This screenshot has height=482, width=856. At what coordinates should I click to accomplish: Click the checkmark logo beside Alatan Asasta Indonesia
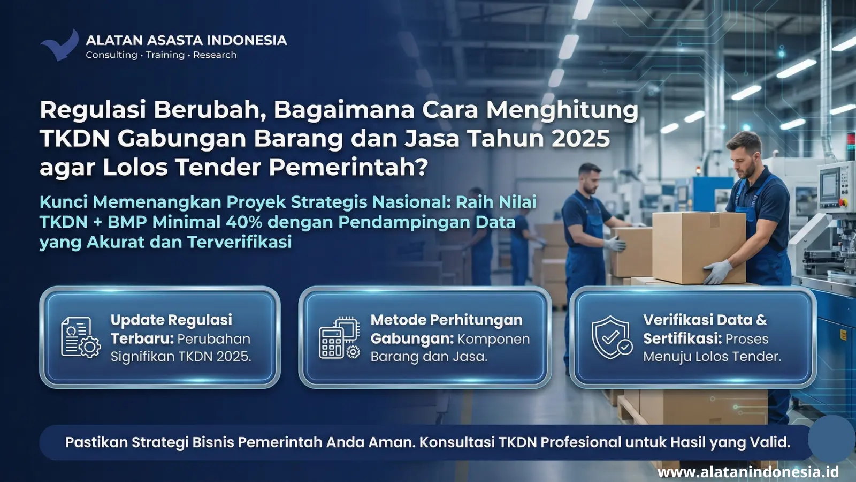pos(60,46)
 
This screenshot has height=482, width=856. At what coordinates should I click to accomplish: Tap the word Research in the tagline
pos(215,55)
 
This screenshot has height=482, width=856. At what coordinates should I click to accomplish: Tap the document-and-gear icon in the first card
pos(81,337)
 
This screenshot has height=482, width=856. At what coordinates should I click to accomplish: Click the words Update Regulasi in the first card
pos(171,320)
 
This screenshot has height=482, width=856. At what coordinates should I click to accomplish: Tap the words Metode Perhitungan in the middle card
pos(446,320)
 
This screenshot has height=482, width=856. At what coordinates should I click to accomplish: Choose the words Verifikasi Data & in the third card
pos(705,320)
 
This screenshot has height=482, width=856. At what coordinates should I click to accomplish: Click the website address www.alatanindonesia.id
pos(748,472)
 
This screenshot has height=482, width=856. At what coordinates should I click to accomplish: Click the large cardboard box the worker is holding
pos(699,247)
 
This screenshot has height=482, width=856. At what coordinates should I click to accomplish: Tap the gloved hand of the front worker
pos(718,272)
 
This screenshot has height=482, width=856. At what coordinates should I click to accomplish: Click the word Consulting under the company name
pos(111,56)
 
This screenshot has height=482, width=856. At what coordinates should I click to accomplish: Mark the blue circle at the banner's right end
pos(831,439)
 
